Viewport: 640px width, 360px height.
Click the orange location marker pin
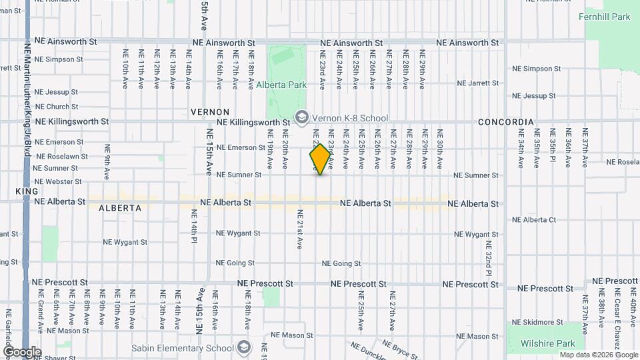[x=320, y=159]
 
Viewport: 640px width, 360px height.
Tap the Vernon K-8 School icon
[x=301, y=118]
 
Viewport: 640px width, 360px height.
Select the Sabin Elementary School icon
[x=244, y=347]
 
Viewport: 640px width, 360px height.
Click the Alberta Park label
[x=281, y=85]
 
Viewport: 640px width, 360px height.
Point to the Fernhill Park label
[x=605, y=17]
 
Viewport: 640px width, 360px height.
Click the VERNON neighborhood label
[x=209, y=112]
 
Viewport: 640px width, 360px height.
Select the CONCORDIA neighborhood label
[x=505, y=122]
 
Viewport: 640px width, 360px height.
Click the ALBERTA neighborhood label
[x=120, y=208]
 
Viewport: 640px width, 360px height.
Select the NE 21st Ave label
[x=300, y=229]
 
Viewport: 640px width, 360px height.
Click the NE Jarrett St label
[x=478, y=83]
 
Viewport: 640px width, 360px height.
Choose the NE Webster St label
[x=58, y=181]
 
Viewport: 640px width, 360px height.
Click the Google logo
[x=21, y=351]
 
